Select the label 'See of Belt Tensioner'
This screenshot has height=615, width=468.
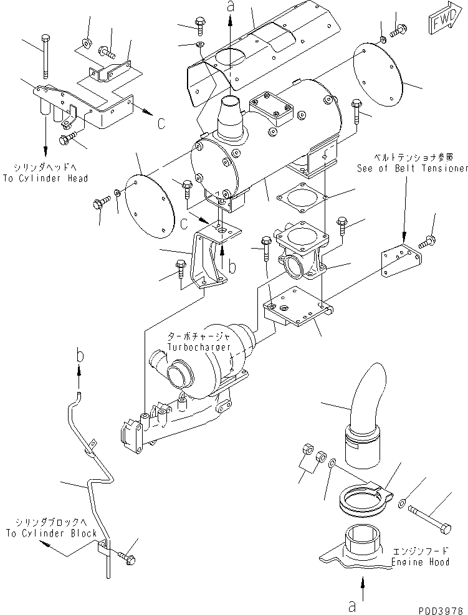(412, 168)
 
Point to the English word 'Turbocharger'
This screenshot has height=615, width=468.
(199, 346)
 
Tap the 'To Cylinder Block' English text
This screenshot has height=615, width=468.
(51, 533)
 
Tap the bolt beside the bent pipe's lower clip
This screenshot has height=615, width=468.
(126, 556)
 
